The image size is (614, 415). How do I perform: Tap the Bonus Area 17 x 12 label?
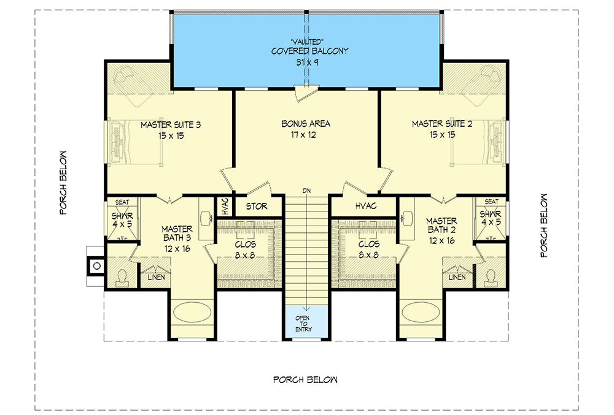click(x=306, y=129)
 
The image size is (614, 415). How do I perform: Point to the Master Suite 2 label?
click(x=442, y=129)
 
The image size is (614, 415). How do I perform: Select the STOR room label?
click(x=257, y=207)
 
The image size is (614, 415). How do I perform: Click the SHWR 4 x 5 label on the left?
click(x=122, y=220)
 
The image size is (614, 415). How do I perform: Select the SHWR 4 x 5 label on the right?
click(x=491, y=220)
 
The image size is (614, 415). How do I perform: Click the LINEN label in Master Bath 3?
click(x=156, y=278)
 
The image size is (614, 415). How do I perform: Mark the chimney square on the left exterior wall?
click(x=95, y=266)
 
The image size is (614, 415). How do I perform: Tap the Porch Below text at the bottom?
click(x=305, y=379)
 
